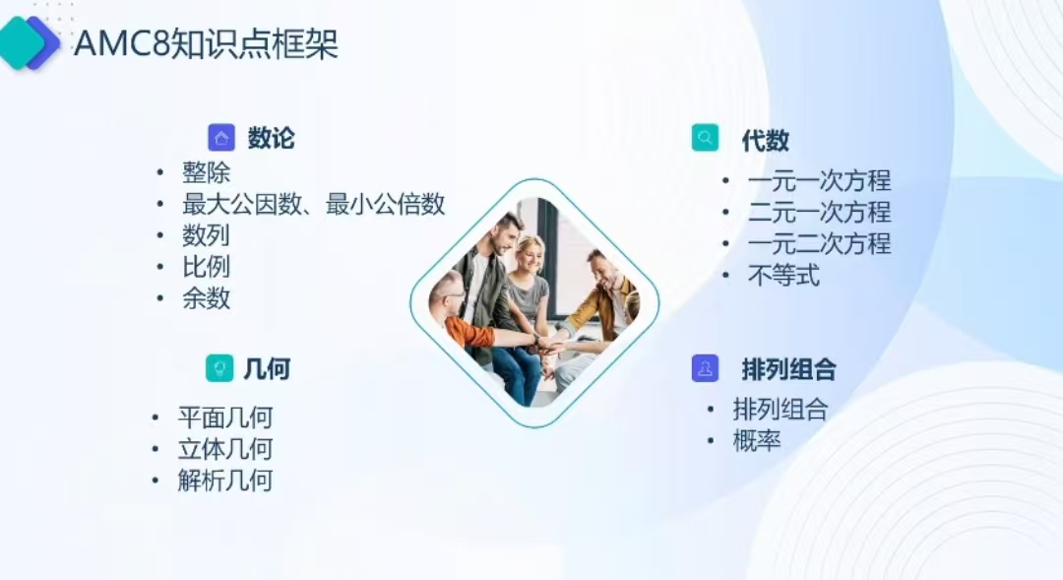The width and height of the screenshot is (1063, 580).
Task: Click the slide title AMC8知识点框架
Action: (x=206, y=44)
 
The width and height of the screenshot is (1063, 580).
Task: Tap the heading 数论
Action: (x=272, y=138)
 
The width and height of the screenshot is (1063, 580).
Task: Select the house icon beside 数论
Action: (x=221, y=138)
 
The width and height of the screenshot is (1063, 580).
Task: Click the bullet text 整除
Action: (x=206, y=172)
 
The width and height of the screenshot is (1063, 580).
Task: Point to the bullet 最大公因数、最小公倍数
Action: (x=313, y=204)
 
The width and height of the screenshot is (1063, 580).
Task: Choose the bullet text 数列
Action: (x=206, y=235)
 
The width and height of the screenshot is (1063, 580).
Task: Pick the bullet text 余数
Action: (x=206, y=298)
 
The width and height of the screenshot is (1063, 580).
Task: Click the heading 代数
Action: (x=766, y=141)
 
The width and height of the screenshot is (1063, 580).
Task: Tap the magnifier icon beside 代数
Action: (x=705, y=138)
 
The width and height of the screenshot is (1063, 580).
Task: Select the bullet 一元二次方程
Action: (x=820, y=243)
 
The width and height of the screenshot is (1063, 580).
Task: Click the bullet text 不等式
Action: (x=783, y=276)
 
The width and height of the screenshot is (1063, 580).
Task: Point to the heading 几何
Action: (x=267, y=369)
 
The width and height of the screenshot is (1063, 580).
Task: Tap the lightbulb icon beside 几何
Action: (x=219, y=368)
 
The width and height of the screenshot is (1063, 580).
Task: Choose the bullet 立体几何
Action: (x=225, y=449)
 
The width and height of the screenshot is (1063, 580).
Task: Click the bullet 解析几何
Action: (x=225, y=481)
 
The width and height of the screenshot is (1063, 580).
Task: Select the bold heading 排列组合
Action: (x=789, y=369)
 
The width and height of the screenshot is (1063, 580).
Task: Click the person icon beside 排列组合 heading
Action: (x=705, y=368)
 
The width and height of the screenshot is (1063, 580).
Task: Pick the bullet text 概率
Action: (x=757, y=441)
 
